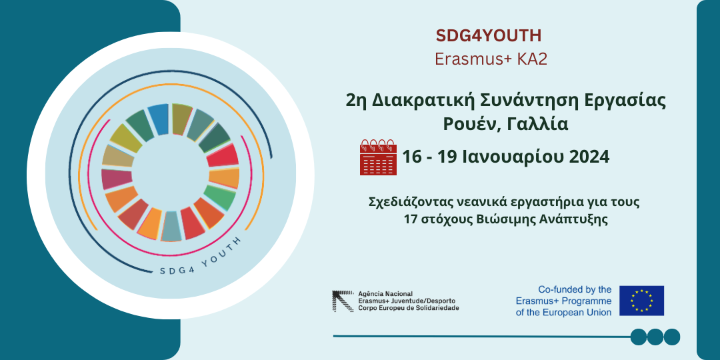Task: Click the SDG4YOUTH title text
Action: pos(489,35)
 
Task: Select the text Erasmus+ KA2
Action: pos(491,59)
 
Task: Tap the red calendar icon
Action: pos(379,157)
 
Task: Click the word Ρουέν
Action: pos(469,124)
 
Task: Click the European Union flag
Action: pos(641,301)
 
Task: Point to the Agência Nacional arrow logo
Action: pos(343,301)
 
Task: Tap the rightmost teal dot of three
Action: pos(672,337)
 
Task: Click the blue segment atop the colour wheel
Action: pos(159,119)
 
